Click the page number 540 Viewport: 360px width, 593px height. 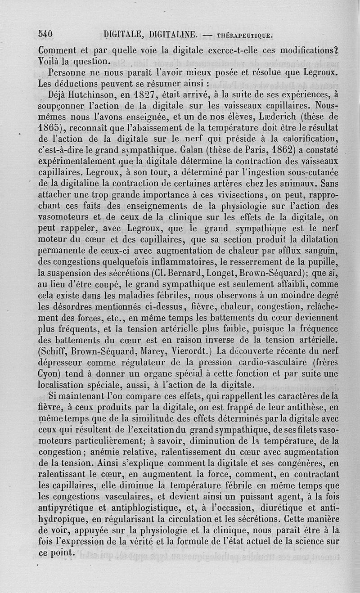point(46,34)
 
